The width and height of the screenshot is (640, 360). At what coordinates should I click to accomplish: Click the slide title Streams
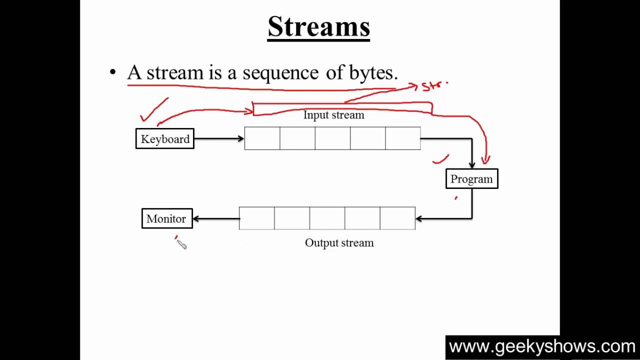point(318,26)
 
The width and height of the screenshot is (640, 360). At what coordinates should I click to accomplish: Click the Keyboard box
point(164,139)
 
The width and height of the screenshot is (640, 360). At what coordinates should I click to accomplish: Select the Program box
point(471,179)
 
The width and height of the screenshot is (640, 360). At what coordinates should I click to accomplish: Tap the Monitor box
point(166,219)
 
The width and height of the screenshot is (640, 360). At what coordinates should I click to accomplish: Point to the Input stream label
point(333,115)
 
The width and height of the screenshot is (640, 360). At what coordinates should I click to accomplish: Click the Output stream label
point(339,243)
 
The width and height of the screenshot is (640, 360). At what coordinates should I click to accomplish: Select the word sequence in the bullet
point(280,73)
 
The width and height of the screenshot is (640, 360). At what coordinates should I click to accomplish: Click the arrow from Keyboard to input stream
point(218,138)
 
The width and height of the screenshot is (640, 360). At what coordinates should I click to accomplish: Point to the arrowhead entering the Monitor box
point(196,218)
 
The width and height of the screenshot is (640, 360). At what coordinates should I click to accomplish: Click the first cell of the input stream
point(262,138)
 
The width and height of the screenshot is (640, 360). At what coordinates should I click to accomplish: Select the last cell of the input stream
point(403,138)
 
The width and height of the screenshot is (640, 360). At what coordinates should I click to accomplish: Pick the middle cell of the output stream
point(327,218)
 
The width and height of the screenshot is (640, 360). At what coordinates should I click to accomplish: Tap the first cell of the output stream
point(256,218)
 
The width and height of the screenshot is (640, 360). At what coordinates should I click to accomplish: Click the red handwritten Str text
point(433,86)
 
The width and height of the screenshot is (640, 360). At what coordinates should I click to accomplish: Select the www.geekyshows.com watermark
point(541,347)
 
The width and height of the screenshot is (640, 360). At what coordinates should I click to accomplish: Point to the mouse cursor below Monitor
point(181,244)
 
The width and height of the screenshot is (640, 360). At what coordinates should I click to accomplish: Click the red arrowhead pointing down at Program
point(485,160)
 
